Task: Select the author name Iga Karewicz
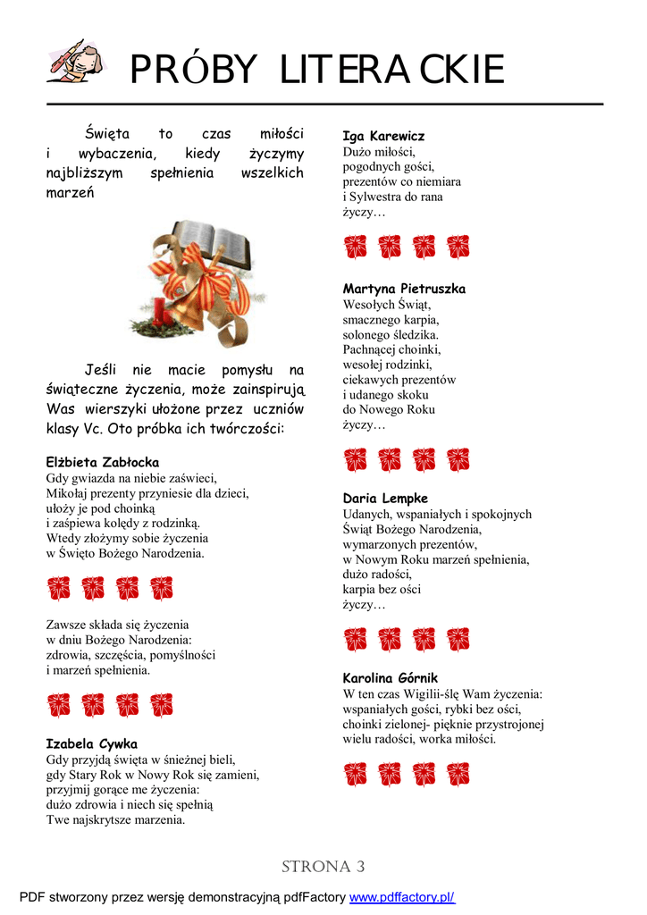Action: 383,136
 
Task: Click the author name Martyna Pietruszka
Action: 404,289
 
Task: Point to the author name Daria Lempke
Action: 385,498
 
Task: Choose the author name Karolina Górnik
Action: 391,678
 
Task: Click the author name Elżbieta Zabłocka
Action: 103,462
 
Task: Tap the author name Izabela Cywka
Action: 91,743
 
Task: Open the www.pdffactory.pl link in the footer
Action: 401,897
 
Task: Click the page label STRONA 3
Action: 323,867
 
